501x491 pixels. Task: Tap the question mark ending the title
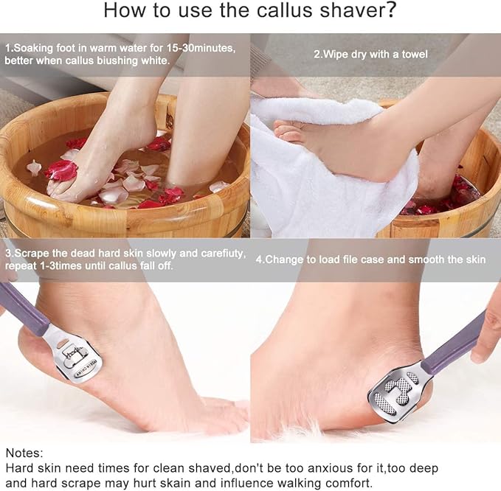(390, 11)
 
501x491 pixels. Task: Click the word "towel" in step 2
(412, 54)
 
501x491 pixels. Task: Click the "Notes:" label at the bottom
(24, 452)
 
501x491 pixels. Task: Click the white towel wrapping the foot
(317, 170)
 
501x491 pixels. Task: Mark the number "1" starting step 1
(7, 48)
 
